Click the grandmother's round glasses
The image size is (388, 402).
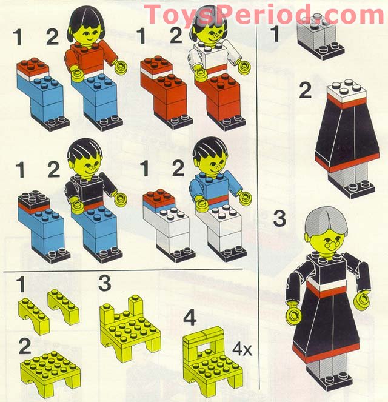331,246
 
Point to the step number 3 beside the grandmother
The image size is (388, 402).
279,218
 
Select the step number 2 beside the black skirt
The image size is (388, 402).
306,92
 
